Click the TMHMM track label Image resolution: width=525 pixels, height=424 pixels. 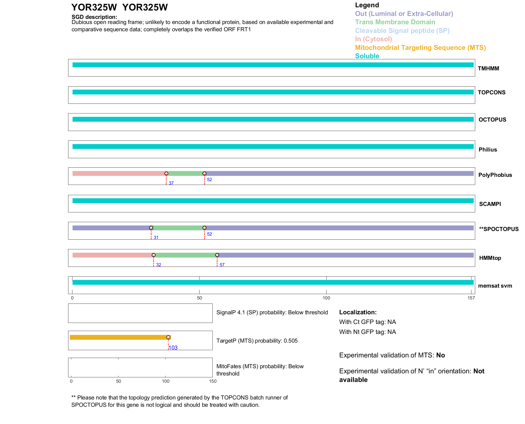pos(488,68)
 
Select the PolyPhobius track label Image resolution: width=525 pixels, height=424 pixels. pos(495,175)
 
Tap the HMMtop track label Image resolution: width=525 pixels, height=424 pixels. pos(490,258)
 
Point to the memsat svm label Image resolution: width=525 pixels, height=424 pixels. pos(495,286)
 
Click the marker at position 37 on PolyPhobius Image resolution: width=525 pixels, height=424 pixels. pos(166,174)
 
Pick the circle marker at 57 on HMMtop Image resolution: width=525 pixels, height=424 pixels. pos(217,255)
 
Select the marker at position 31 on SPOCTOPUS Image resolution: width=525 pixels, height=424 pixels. pos(151,228)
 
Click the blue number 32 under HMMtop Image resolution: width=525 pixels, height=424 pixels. pos(159,265)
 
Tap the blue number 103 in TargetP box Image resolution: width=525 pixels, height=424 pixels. pos(173,348)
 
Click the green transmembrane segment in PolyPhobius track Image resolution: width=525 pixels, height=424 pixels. pos(185,174)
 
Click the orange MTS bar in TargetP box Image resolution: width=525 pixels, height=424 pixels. pos(118,337)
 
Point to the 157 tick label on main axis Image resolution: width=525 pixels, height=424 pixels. pos(471,298)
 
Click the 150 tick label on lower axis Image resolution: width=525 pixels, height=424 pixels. pos(213,381)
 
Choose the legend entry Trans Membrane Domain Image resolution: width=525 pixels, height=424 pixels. pos(395,22)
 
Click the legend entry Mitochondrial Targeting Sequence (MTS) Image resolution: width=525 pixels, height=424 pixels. pos(420,48)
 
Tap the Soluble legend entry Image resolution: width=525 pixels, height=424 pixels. pos(367,56)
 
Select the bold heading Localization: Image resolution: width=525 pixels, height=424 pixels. pos(358,312)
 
